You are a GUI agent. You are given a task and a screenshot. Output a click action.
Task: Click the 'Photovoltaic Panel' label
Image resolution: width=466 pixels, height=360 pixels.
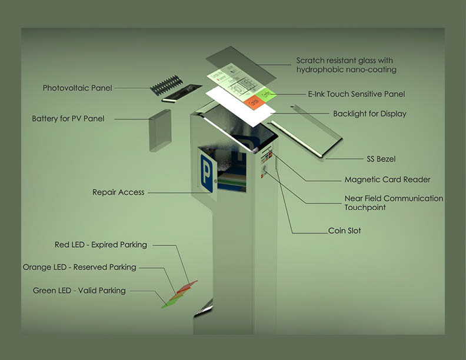77,88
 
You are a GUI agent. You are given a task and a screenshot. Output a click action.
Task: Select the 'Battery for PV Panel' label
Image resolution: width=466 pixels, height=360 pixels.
68,119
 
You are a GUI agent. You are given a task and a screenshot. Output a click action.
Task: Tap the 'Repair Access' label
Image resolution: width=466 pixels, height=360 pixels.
118,192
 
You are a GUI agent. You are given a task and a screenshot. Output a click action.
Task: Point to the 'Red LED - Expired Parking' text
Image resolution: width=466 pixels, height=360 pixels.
101,245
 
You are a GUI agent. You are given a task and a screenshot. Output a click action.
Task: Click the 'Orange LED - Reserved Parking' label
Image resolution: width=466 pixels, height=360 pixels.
79,267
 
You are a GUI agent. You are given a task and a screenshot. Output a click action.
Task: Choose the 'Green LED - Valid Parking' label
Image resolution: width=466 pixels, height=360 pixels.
79,290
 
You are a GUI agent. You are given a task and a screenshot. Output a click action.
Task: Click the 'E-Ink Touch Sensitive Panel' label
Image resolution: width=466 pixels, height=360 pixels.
357,94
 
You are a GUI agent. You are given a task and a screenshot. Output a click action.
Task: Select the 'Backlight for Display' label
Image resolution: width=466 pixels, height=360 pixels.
370,114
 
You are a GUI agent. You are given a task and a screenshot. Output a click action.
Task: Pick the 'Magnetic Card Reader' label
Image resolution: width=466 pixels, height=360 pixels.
387,179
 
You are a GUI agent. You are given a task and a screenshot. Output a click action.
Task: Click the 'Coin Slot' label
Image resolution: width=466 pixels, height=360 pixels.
345,231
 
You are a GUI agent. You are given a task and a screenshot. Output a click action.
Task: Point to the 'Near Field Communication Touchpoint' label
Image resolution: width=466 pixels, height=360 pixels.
394,203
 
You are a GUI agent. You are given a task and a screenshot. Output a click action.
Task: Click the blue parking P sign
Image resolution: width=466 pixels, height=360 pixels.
207,173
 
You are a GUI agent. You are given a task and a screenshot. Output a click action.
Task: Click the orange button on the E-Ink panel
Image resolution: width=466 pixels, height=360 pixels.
254,102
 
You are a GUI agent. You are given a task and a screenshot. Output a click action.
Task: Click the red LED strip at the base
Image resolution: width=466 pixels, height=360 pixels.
188,286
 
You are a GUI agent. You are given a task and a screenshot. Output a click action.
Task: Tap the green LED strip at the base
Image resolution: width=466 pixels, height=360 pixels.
170,301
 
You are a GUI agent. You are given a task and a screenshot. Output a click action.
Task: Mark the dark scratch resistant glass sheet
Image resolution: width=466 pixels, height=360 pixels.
241,64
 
